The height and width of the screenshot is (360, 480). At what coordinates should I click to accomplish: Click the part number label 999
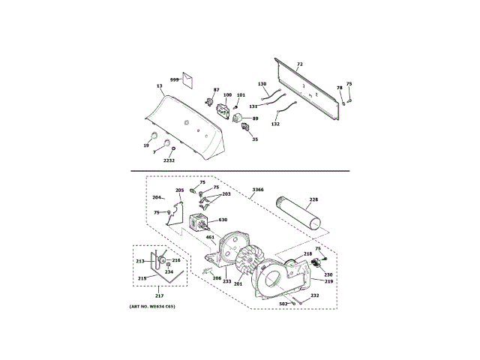pos(174,79)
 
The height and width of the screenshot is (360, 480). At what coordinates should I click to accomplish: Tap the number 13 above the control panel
pos(160,86)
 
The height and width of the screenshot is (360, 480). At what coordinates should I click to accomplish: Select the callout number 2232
pos(169,160)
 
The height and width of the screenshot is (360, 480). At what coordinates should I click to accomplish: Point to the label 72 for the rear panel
pos(299,64)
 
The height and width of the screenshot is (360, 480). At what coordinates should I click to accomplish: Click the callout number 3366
pos(258,189)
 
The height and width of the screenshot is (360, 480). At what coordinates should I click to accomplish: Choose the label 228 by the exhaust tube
pos(313,199)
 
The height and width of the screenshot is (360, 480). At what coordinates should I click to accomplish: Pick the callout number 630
pos(223,220)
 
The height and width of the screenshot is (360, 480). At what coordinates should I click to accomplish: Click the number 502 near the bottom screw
pos(283,304)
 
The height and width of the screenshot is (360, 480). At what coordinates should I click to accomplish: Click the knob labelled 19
pos(152,136)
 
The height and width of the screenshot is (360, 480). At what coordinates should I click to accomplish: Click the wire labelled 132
pos(282,113)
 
